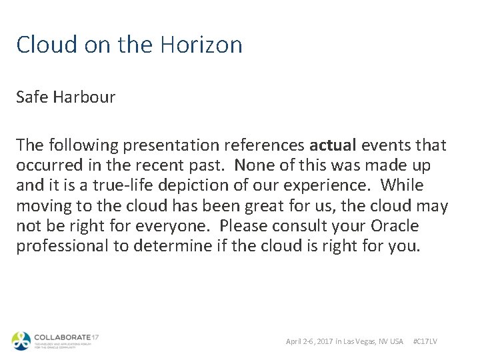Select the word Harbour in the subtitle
(x=85, y=97)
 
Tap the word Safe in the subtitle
(x=32, y=97)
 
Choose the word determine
(x=173, y=245)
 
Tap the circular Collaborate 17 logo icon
(x=21, y=341)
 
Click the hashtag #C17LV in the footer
(x=425, y=341)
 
